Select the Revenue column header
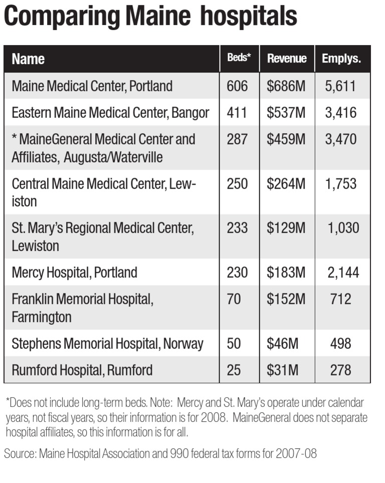(x=286, y=59)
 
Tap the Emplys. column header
(x=341, y=59)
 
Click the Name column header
(x=28, y=59)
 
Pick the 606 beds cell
(x=237, y=86)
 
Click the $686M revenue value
(x=286, y=86)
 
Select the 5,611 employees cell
(x=340, y=86)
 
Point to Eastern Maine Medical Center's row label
(x=110, y=113)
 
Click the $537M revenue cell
(x=286, y=113)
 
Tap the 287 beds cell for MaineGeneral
(x=237, y=139)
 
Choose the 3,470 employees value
(x=340, y=139)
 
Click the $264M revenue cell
(x=286, y=184)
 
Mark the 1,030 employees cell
(x=343, y=228)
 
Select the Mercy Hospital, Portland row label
(x=74, y=272)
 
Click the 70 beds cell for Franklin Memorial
(x=234, y=299)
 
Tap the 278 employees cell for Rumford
(x=340, y=370)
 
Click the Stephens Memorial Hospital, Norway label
(x=107, y=344)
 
